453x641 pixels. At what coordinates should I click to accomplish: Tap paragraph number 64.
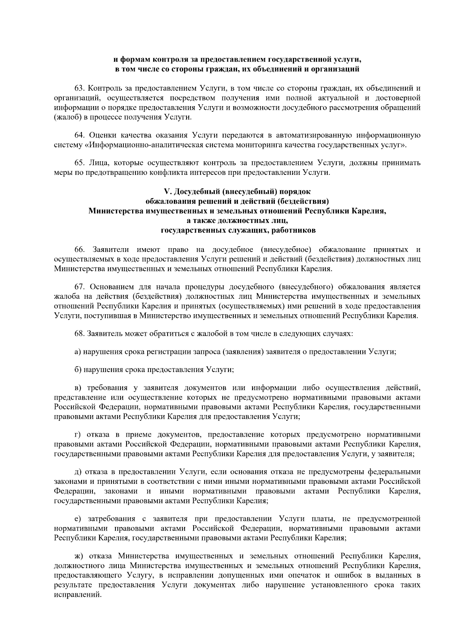click(80, 135)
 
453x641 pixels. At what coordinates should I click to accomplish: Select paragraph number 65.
click(80, 163)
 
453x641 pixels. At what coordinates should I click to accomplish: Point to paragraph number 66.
click(80, 250)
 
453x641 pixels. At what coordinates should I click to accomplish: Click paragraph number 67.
click(80, 287)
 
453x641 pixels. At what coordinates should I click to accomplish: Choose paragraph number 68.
click(80, 334)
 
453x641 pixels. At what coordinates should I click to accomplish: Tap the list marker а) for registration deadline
click(78, 352)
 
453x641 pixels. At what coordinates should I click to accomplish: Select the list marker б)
click(78, 370)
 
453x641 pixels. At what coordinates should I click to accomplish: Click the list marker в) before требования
click(78, 388)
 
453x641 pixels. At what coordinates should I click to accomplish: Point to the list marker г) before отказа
click(77, 435)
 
